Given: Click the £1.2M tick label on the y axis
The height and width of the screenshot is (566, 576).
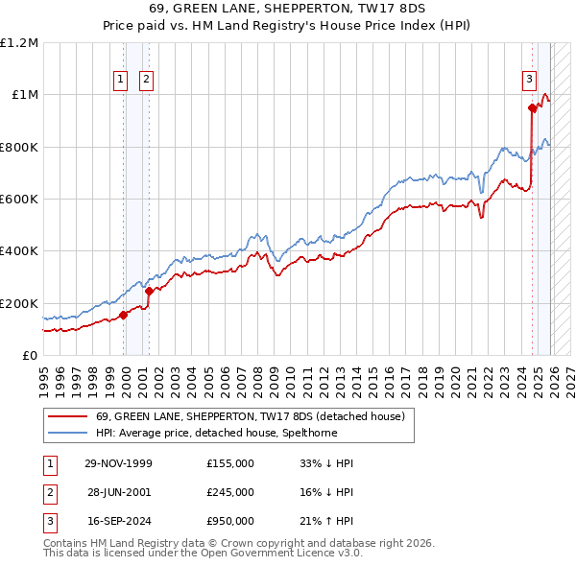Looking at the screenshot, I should coord(18,43).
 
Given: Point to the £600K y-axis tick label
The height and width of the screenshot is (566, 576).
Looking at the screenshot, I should coord(18,200).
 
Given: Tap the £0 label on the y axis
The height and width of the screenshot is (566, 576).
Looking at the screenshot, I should coord(29,356).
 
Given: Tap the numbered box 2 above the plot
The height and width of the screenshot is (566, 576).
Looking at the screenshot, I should coord(146,81).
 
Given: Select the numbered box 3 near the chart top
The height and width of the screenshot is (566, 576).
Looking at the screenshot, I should coord(529,81).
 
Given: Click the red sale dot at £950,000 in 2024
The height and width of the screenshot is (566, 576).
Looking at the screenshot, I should coord(532,108).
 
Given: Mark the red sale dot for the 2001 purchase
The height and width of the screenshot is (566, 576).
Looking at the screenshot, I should coord(149,292).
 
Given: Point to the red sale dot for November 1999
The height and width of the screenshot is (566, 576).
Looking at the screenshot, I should coord(124,315).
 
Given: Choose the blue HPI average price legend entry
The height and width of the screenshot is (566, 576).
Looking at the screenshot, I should coord(239,433).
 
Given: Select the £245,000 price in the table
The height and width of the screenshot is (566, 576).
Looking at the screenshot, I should coord(229,492).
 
